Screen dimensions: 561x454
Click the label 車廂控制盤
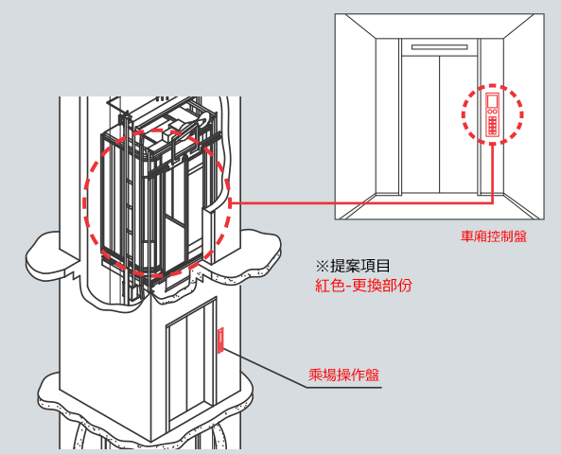pyautogui.click(x=494, y=236)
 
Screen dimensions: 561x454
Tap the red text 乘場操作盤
pyautogui.click(x=343, y=375)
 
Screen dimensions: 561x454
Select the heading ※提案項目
pyautogui.click(x=353, y=266)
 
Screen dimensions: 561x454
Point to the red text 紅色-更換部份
pyautogui.click(x=363, y=285)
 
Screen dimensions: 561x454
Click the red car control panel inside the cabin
pyautogui.click(x=492, y=114)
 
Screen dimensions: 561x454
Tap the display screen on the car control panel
pyautogui.click(x=492, y=100)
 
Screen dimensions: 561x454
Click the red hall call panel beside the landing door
pyautogui.click(x=220, y=340)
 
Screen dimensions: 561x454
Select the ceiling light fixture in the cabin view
pyautogui.click(x=439, y=47)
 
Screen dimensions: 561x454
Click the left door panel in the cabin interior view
pyautogui.click(x=420, y=125)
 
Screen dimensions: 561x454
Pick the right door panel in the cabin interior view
pyautogui.click(x=458, y=125)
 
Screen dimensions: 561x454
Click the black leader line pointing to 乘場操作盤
pyautogui.click(x=266, y=368)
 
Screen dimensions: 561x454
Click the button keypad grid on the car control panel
pyautogui.click(x=492, y=125)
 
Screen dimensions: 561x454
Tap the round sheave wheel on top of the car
pyautogui.click(x=205, y=119)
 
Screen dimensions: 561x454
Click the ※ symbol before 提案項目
pyautogui.click(x=322, y=266)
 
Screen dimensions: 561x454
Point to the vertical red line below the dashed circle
pyautogui.click(x=493, y=173)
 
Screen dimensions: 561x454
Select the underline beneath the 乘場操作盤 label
pyautogui.click(x=344, y=387)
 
